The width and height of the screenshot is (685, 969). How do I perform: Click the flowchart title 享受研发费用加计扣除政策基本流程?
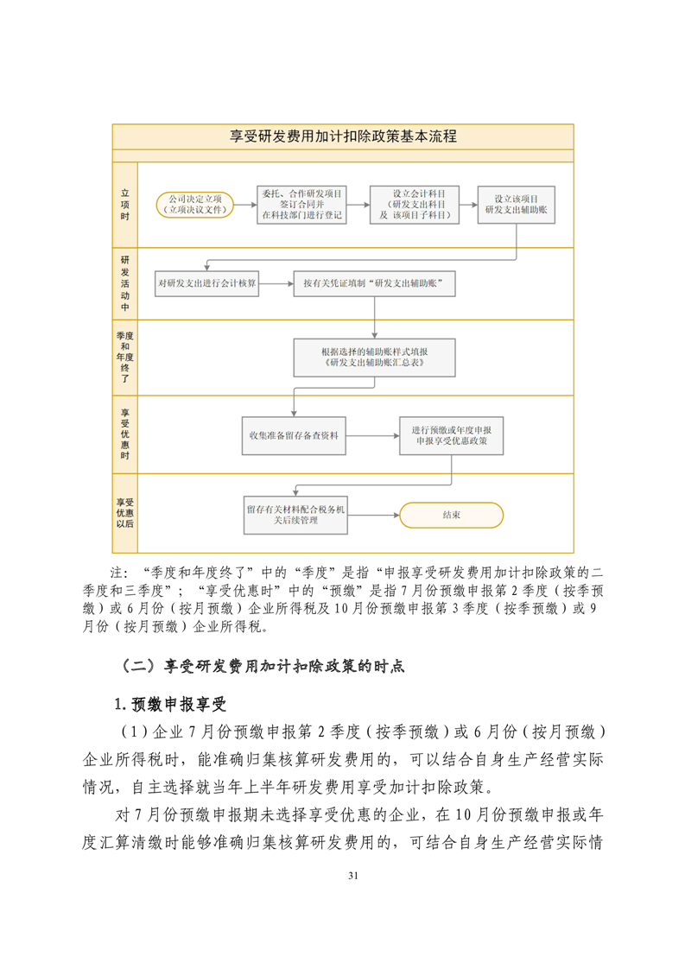(343, 136)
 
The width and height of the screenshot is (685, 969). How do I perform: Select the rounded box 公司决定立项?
(195, 204)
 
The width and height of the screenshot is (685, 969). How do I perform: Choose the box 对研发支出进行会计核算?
(207, 282)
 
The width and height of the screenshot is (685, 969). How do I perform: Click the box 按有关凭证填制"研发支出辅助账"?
(374, 282)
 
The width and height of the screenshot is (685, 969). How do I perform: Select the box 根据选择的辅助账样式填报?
(374, 358)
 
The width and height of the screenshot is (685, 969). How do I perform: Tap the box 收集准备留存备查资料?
(294, 435)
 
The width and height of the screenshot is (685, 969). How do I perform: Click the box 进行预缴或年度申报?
(452, 435)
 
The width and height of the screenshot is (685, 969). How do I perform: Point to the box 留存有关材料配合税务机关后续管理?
(296, 516)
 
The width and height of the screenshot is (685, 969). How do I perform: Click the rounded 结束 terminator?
(451, 515)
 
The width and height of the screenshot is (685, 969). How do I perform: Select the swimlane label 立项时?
(125, 205)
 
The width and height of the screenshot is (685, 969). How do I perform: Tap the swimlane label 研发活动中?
(125, 282)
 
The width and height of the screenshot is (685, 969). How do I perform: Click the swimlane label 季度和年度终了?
(125, 356)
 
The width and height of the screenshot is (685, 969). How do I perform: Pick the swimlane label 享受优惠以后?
(125, 513)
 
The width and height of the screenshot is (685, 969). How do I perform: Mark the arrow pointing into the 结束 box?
(373, 516)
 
